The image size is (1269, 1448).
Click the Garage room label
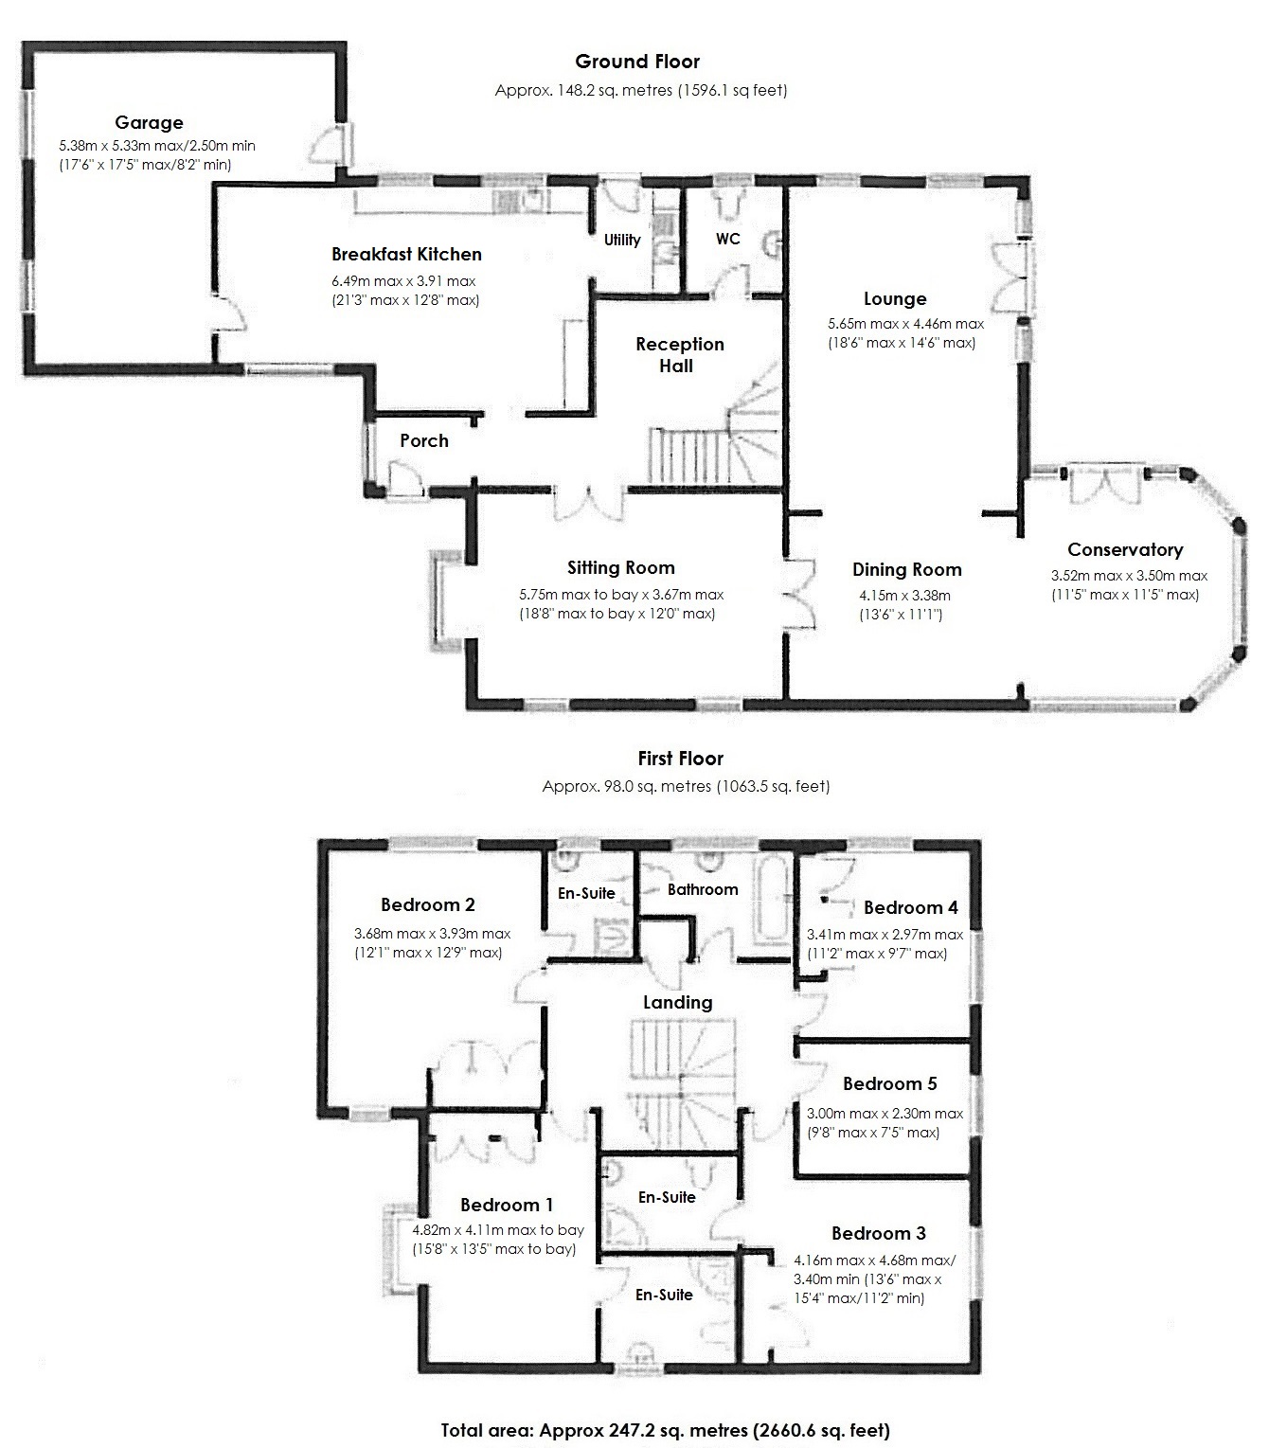click(149, 122)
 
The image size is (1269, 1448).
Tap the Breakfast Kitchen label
click(406, 254)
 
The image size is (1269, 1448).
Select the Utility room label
click(622, 240)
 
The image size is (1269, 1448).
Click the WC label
click(727, 239)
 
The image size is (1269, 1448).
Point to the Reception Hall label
click(679, 355)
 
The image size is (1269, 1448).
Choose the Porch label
click(423, 440)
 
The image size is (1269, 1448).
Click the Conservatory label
click(1125, 549)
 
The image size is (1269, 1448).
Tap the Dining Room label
click(906, 569)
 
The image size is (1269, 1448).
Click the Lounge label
click(894, 299)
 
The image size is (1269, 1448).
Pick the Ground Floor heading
click(637, 62)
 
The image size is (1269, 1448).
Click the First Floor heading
click(680, 759)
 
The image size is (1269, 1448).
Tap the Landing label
click(677, 1002)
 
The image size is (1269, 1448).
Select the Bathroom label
click(702, 889)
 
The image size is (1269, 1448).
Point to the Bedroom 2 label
click(427, 904)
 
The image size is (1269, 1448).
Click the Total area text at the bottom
click(665, 1430)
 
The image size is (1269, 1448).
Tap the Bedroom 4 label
click(910, 907)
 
